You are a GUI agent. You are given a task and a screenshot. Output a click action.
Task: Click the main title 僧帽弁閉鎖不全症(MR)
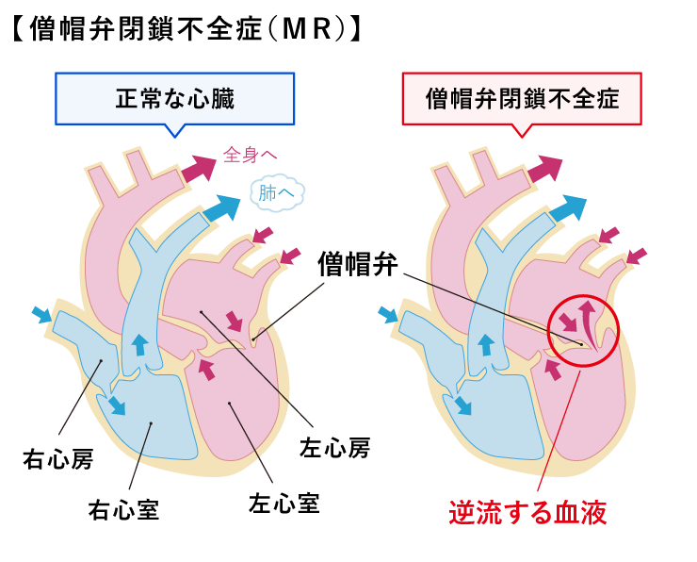[x=186, y=29]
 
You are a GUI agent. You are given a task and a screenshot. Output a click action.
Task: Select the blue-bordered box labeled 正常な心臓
[x=174, y=99]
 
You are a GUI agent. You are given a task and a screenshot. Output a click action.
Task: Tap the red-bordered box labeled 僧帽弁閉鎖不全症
[x=522, y=99]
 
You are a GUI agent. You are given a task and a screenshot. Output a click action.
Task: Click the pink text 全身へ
[x=250, y=155]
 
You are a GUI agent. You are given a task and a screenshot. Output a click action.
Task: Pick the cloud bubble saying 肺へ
[x=277, y=192]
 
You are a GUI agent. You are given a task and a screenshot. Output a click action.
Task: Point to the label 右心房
[x=58, y=459]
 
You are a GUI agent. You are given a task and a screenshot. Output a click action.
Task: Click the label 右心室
[x=123, y=510]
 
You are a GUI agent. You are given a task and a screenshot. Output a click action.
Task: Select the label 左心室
[x=284, y=504]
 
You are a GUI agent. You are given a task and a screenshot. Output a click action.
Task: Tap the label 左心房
[x=334, y=448]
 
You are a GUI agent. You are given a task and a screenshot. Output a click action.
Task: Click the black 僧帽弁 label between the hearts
[x=357, y=264]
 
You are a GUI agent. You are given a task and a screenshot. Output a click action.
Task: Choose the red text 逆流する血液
[x=527, y=513]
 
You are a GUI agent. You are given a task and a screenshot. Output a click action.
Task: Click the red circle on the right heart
[x=548, y=331]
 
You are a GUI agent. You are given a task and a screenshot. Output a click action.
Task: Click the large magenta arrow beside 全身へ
[x=199, y=169]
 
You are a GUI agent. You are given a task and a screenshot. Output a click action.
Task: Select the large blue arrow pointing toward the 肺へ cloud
[x=221, y=207]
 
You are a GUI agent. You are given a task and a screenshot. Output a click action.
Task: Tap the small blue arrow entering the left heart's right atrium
[x=42, y=315]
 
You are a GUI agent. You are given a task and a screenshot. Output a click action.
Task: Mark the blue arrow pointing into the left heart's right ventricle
[x=117, y=404]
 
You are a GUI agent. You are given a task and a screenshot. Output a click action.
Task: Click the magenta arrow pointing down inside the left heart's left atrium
[x=235, y=321]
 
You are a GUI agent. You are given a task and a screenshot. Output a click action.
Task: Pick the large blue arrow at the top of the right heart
[x=568, y=207]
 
